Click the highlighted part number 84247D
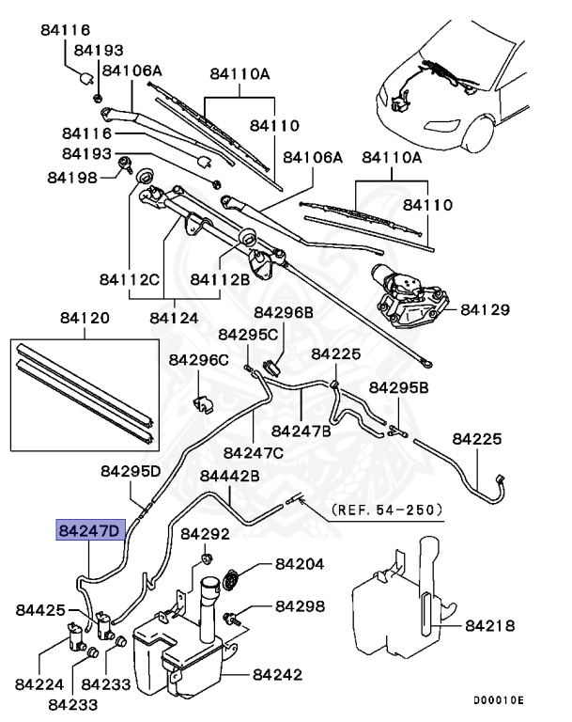pos(89,531)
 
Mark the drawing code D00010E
pos(498,700)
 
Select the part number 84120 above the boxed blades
pos(85,318)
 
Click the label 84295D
pos(131,469)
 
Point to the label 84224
pos(41,685)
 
